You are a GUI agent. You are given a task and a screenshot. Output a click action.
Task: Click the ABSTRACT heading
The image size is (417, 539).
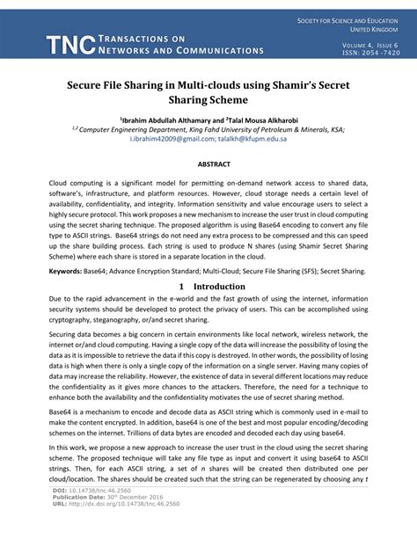click(x=208, y=164)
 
